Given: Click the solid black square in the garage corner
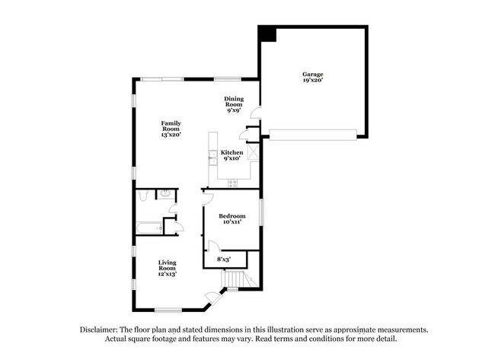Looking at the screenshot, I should tap(267, 34).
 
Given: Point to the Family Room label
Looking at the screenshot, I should tap(171, 126).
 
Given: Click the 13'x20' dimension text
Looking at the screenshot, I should tap(171, 135).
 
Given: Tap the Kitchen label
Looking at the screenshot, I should tap(232, 153).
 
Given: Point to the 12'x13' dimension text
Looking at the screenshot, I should tap(168, 274).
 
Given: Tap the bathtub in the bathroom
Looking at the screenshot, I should tap(148, 227).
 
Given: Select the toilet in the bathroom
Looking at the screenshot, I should tap(143, 197).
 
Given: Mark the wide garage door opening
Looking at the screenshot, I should tap(314, 135).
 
